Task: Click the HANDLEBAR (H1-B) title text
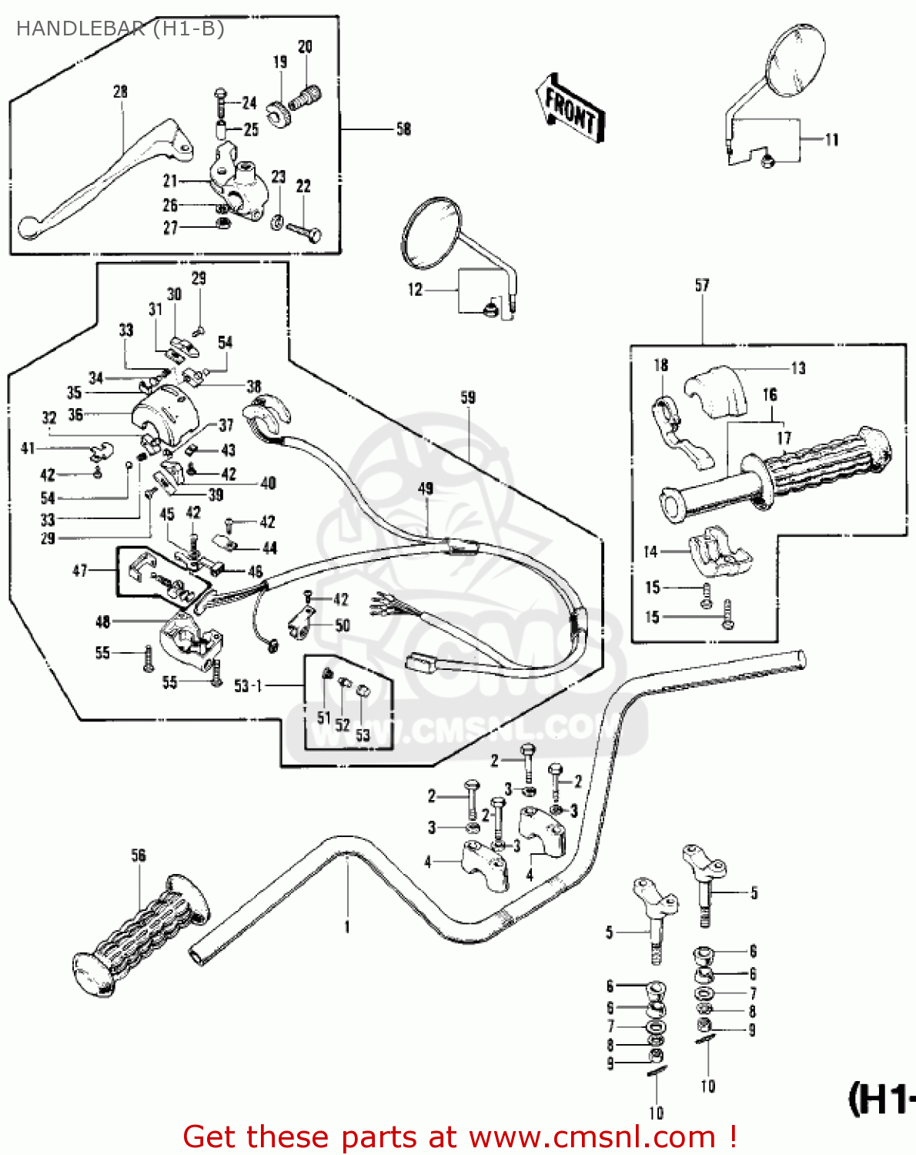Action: pos(120,29)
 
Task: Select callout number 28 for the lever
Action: pos(120,92)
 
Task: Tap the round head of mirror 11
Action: pos(795,62)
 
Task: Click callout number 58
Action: pos(403,129)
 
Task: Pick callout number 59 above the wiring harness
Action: pos(468,397)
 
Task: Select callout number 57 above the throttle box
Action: pos(702,286)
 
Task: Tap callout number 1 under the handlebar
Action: pos(347,927)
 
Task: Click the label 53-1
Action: pos(248,685)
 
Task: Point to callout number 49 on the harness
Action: pos(426,488)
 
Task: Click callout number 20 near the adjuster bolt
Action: pos(305,47)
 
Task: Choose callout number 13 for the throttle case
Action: pos(798,368)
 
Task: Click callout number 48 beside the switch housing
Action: pos(102,621)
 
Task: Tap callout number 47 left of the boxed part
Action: pos(79,571)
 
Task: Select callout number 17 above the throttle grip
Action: pos(784,438)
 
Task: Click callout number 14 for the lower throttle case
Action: pos(650,551)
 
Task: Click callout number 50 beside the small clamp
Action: pos(343,625)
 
